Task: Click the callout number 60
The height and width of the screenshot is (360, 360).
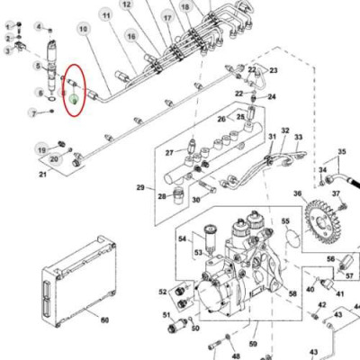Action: (104, 319)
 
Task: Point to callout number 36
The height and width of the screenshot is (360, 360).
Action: (298, 194)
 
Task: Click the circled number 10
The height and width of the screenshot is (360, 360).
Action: (84, 30)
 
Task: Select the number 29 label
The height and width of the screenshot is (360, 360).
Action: (140, 187)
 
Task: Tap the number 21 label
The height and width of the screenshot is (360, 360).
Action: (41, 173)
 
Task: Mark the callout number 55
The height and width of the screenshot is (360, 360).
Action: (285, 220)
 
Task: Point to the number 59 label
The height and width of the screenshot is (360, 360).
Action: (254, 344)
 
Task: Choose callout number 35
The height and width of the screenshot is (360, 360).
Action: (341, 151)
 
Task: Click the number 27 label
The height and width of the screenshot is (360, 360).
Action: (168, 153)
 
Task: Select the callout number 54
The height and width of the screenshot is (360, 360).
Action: (183, 238)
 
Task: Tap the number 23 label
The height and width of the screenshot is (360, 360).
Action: (273, 70)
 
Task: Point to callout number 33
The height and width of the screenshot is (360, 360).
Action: (299, 137)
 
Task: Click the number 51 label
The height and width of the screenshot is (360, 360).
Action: (166, 314)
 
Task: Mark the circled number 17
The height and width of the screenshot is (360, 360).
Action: (167, 17)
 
